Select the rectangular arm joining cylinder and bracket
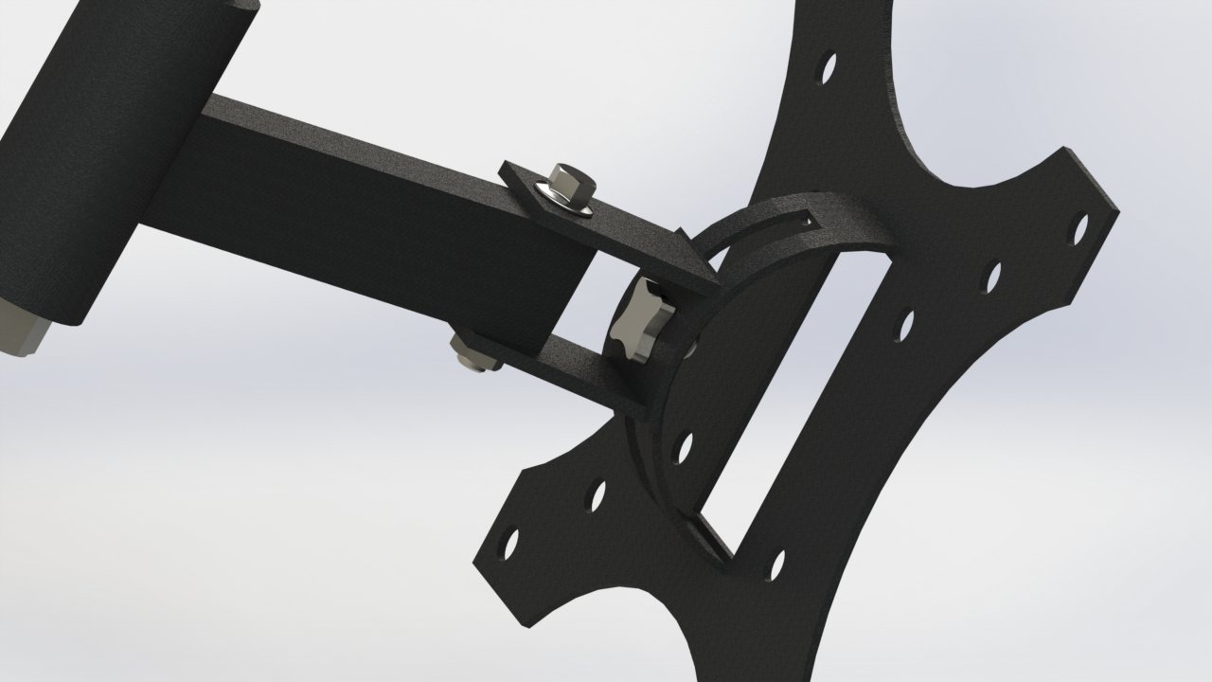(379, 218)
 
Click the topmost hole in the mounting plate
(828, 67)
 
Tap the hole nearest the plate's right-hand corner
(1078, 228)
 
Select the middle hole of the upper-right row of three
(993, 277)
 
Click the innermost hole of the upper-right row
(906, 325)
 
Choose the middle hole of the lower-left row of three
(597, 494)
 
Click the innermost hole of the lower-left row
(684, 446)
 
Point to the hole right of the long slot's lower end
(777, 565)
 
